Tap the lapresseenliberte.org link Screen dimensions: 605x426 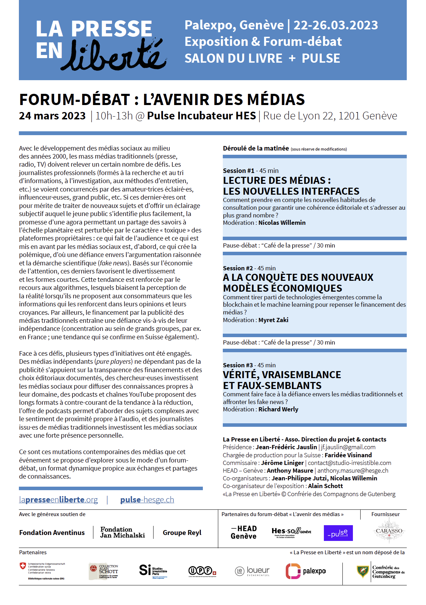pyautogui.click(x=58, y=500)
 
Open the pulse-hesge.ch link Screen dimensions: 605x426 pyautogui.click(x=147, y=500)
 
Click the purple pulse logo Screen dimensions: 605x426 pyautogui.click(x=338, y=533)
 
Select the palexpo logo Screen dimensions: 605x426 pyautogui.click(x=306, y=571)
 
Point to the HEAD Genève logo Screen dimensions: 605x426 pyautogui.click(x=244, y=533)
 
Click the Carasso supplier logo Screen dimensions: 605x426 pyautogui.click(x=389, y=531)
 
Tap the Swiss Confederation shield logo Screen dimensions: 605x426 pyautogui.click(x=23, y=566)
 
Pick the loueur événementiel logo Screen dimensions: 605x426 pyautogui.click(x=252, y=571)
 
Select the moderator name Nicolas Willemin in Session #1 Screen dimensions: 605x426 pyautogui.click(x=282, y=223)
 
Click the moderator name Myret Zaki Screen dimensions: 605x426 pyautogui.click(x=273, y=320)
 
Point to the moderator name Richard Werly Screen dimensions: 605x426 pyautogui.click(x=278, y=409)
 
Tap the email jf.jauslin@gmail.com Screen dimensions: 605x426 pyautogui.click(x=348, y=447)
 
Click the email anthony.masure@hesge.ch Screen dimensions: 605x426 pyautogui.click(x=353, y=471)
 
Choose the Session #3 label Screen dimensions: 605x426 pyautogui.click(x=238, y=365)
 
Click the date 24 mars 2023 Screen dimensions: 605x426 pyautogui.click(x=52, y=116)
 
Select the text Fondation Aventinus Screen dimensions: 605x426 pyautogui.click(x=52, y=533)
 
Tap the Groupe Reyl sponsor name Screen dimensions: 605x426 pyautogui.click(x=182, y=533)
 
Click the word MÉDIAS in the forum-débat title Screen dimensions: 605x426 pyautogui.click(x=276, y=100)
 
